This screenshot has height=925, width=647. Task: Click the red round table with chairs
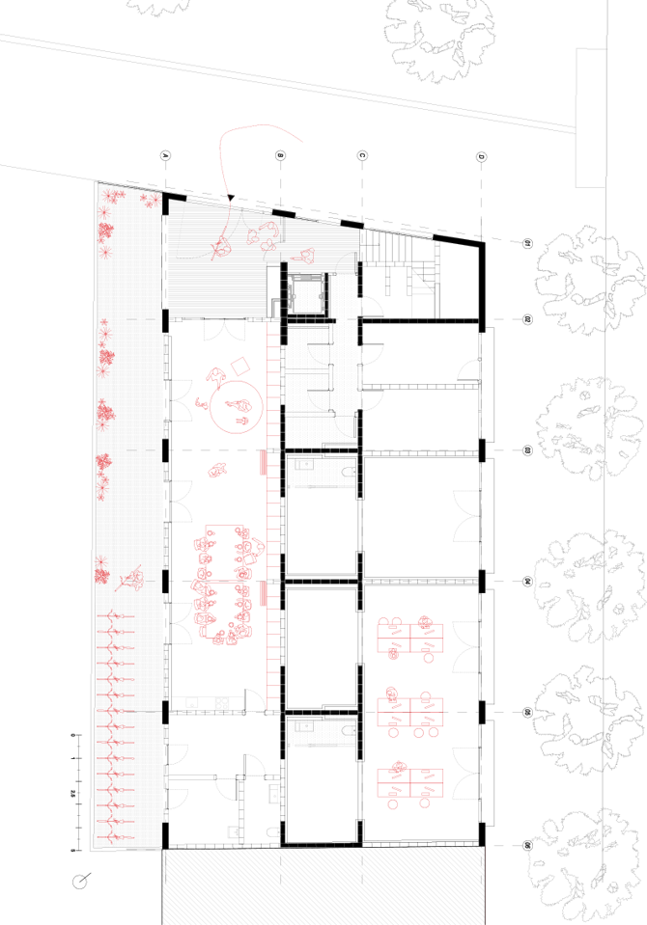235,404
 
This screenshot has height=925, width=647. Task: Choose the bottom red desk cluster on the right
411,783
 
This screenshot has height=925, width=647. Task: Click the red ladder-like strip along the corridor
272,511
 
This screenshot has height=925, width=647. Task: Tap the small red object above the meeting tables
217,471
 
